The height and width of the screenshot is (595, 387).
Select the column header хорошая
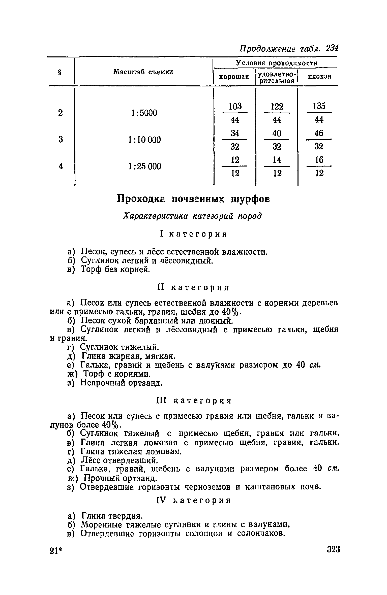pyautogui.click(x=234, y=77)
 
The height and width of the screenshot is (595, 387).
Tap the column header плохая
pyautogui.click(x=319, y=77)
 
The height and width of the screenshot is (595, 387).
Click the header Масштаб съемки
pyautogui.click(x=143, y=72)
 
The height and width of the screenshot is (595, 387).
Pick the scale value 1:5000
pyautogui.click(x=144, y=113)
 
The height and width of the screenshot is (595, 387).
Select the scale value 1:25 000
pyautogui.click(x=144, y=166)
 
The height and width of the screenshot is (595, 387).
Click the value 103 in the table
pyautogui.click(x=235, y=107)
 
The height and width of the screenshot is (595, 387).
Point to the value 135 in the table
pyautogui.click(x=319, y=106)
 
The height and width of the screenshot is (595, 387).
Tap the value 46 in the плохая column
pyautogui.click(x=319, y=133)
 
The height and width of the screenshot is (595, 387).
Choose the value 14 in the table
pyautogui.click(x=277, y=160)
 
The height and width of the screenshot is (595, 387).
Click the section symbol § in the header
pyautogui.click(x=60, y=73)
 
